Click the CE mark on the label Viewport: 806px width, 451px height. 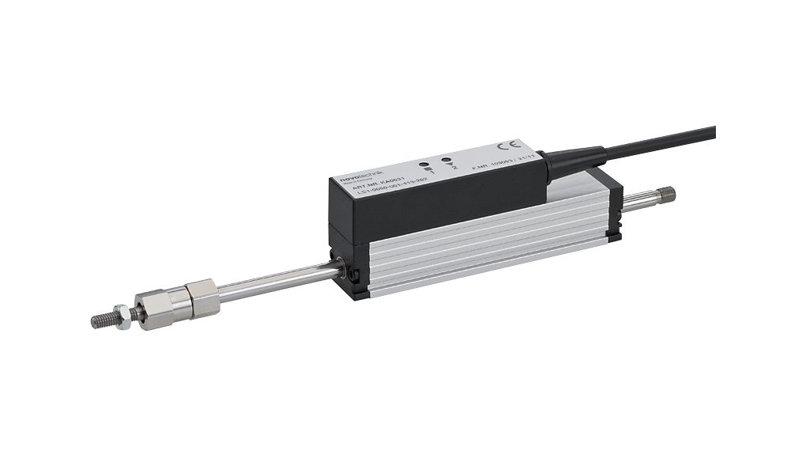pos(510,146)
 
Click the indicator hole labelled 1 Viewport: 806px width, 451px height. pos(426,165)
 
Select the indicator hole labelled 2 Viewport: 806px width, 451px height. pos(446,161)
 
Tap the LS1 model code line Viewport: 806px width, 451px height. pos(388,191)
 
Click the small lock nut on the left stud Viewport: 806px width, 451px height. pos(122,312)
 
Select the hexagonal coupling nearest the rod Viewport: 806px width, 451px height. pos(203,298)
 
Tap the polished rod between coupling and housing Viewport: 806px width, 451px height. pos(277,279)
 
